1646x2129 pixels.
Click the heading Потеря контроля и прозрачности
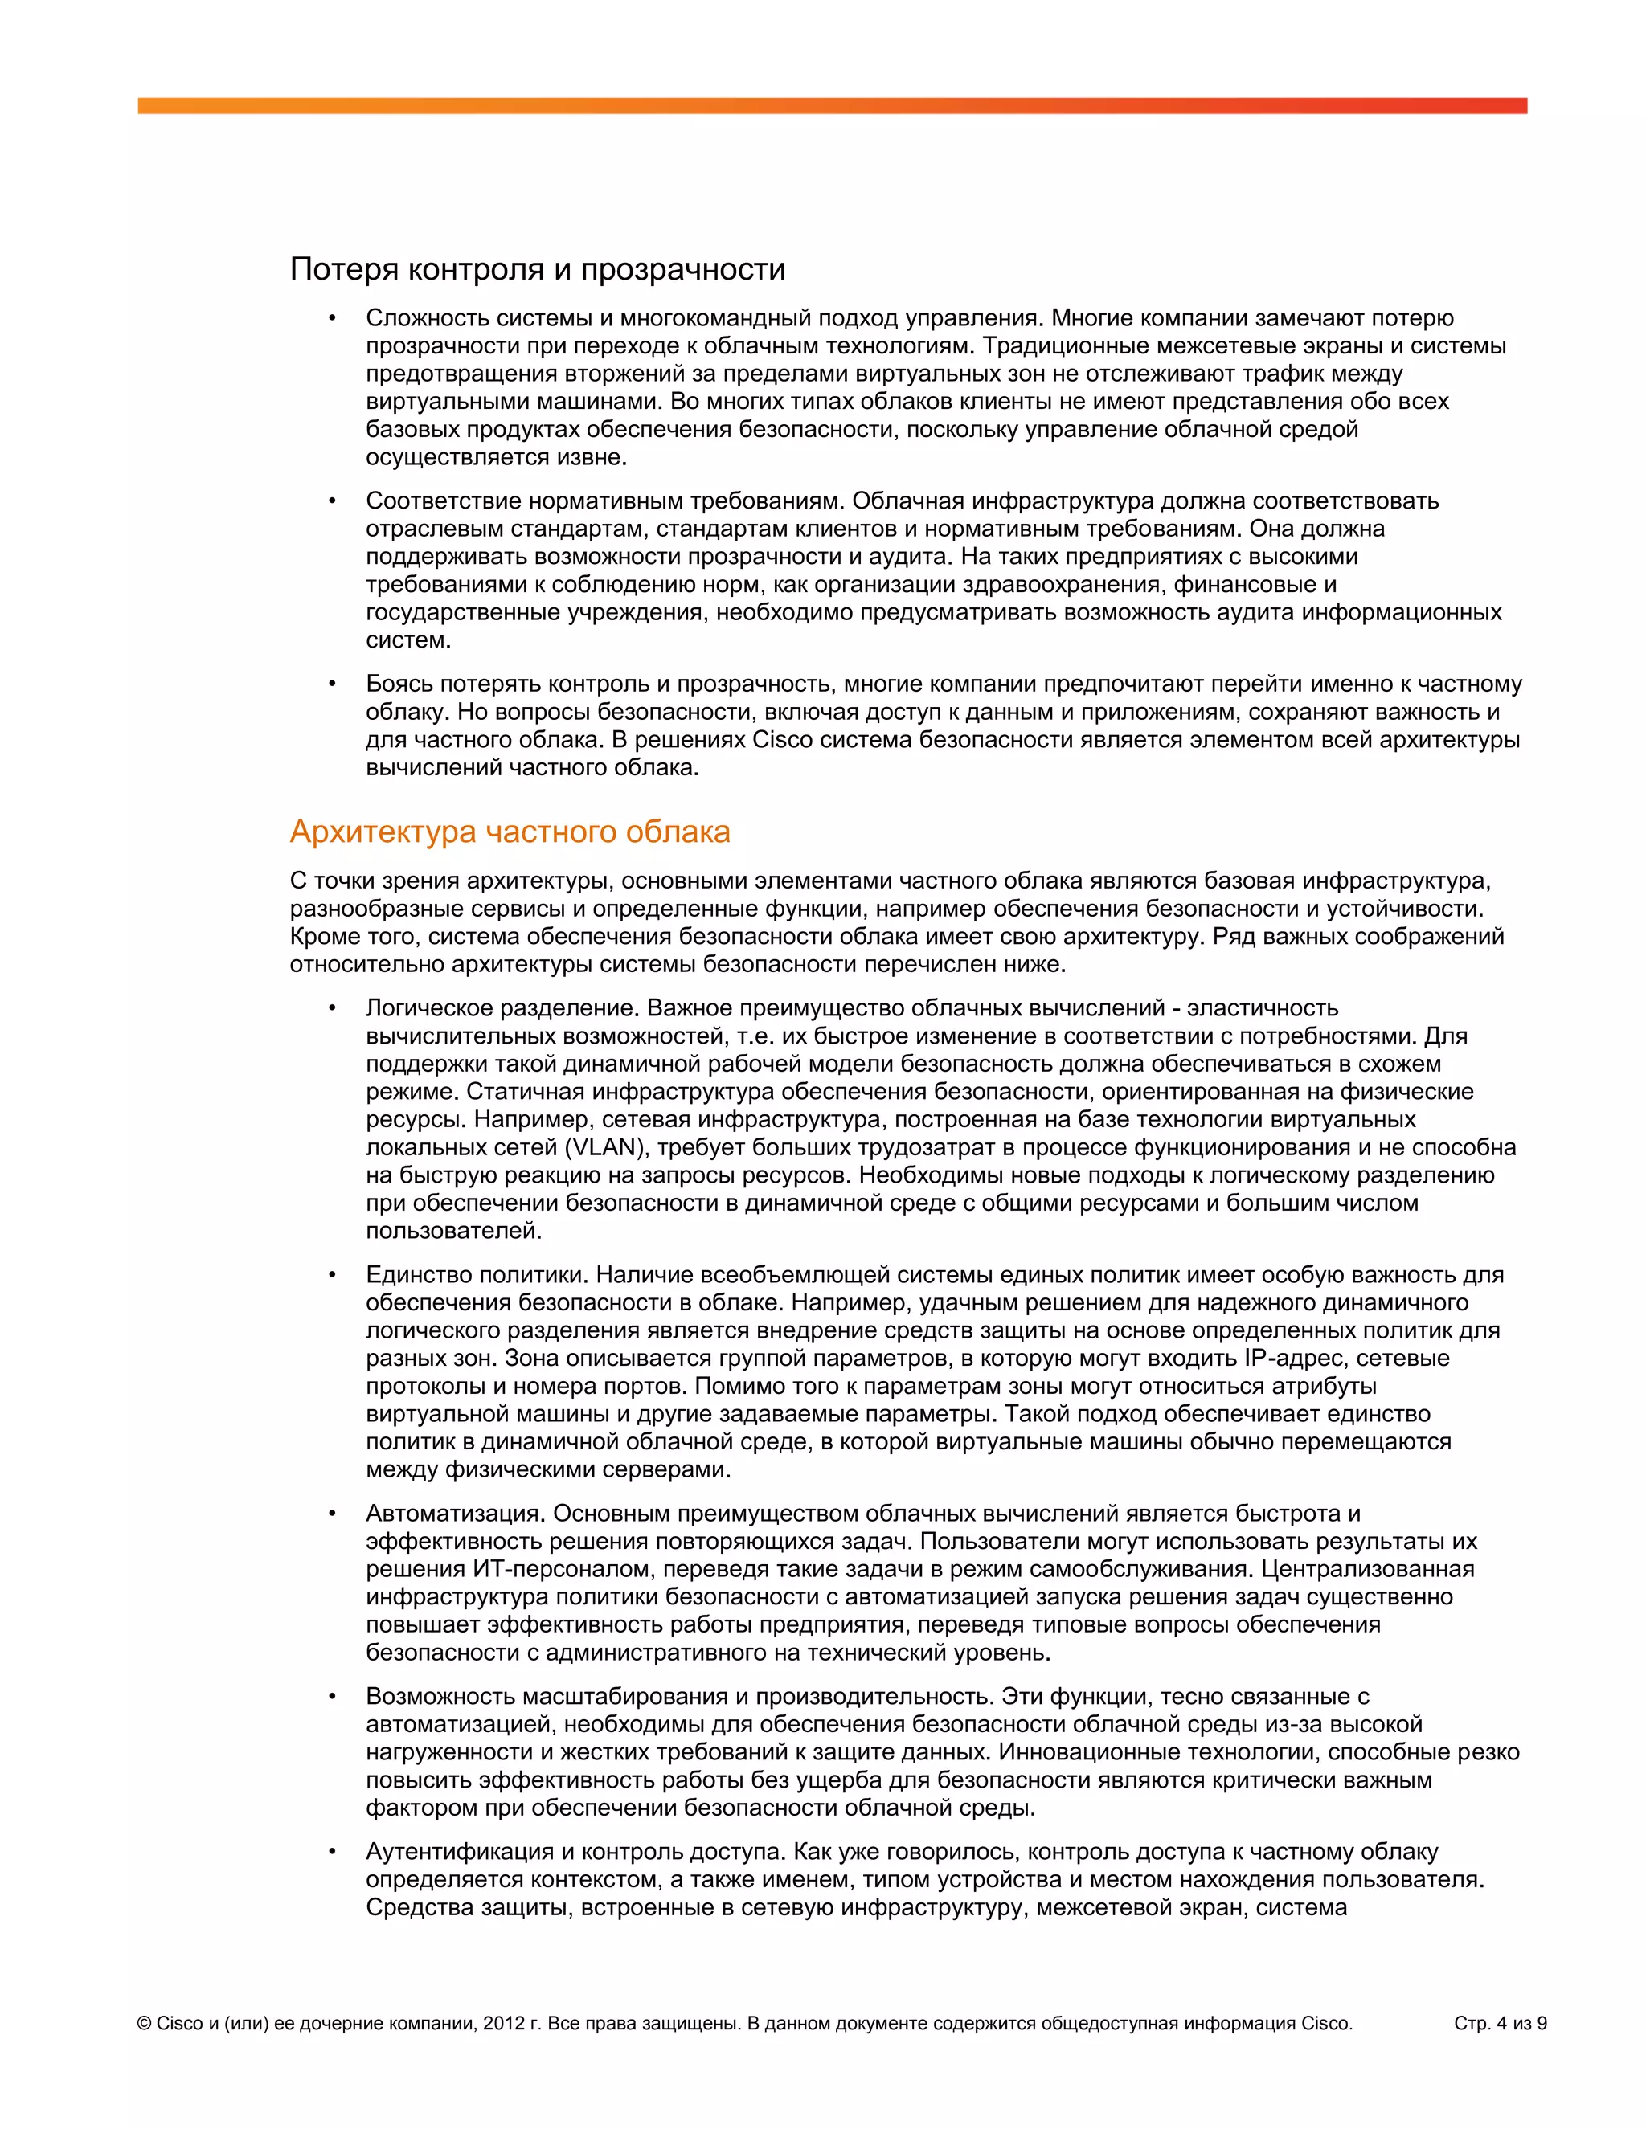tap(538, 269)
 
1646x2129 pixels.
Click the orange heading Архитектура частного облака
tap(510, 832)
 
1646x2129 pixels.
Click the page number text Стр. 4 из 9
tap(1500, 2024)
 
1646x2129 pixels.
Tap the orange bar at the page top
tap(832, 105)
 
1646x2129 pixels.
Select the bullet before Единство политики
tap(333, 1275)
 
